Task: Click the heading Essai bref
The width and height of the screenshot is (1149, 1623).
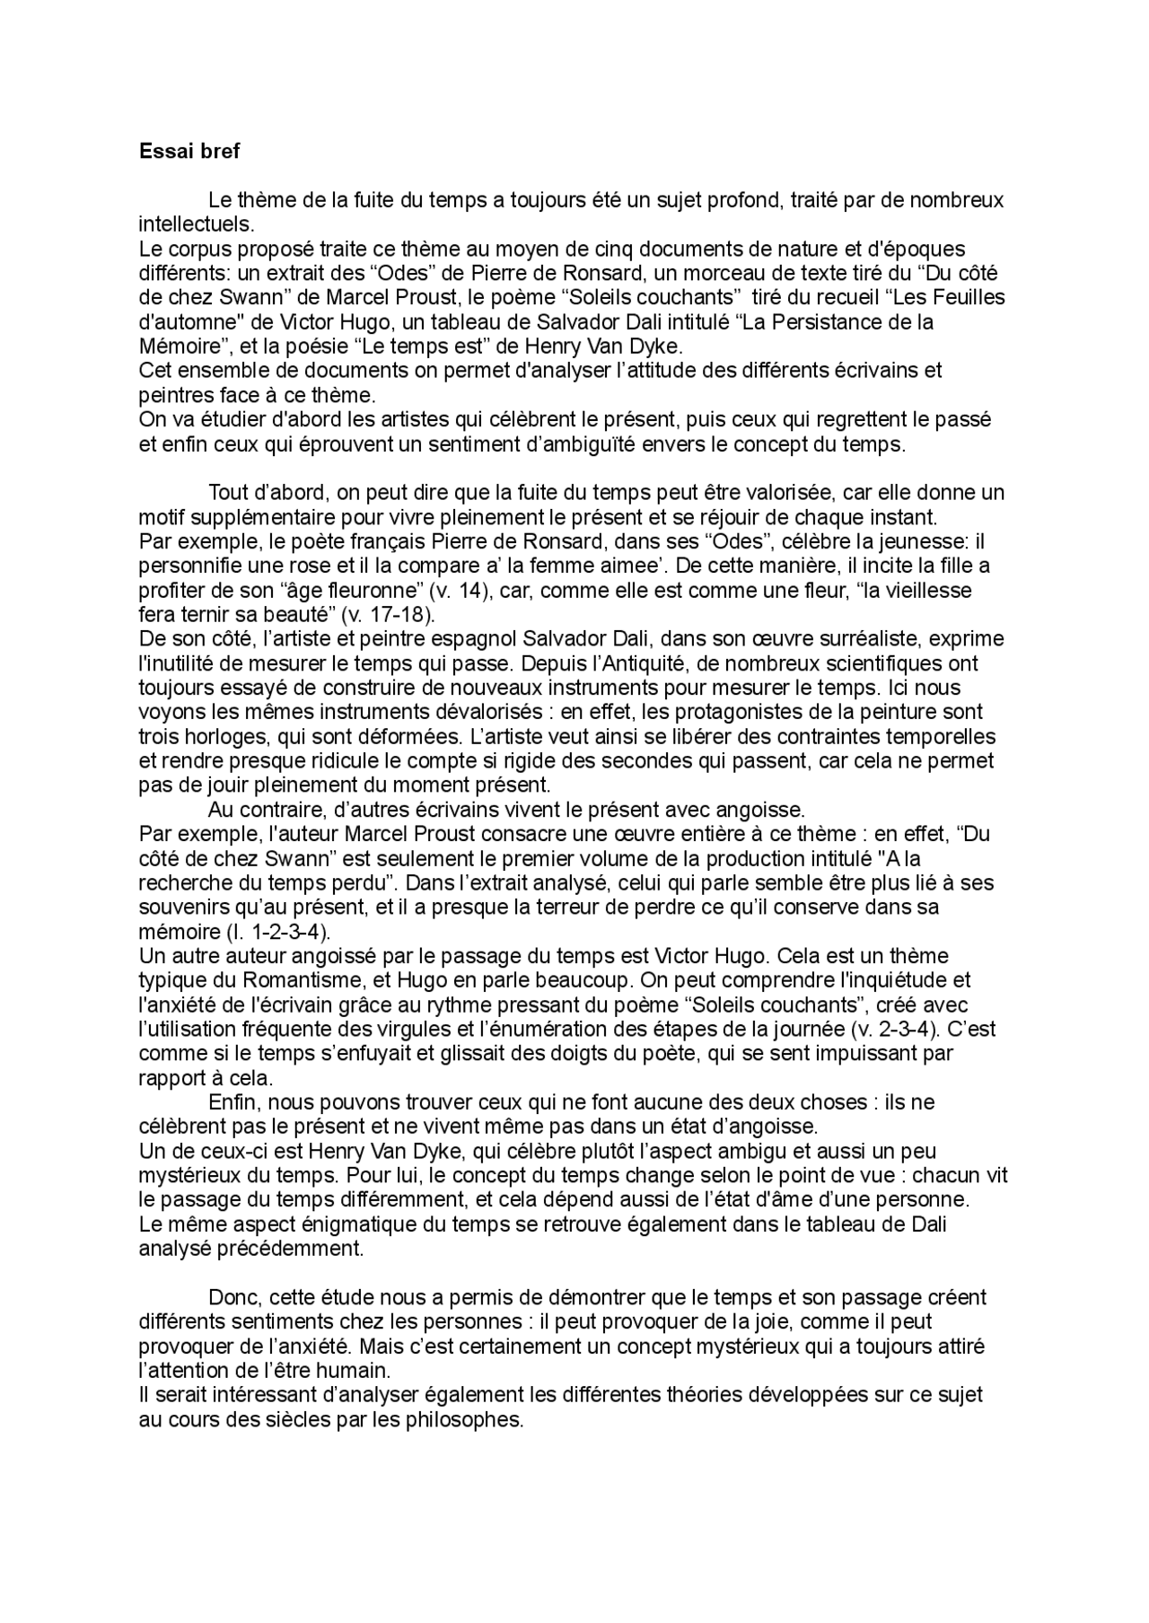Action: click(189, 152)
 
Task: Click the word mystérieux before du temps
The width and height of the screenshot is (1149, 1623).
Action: click(191, 1175)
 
